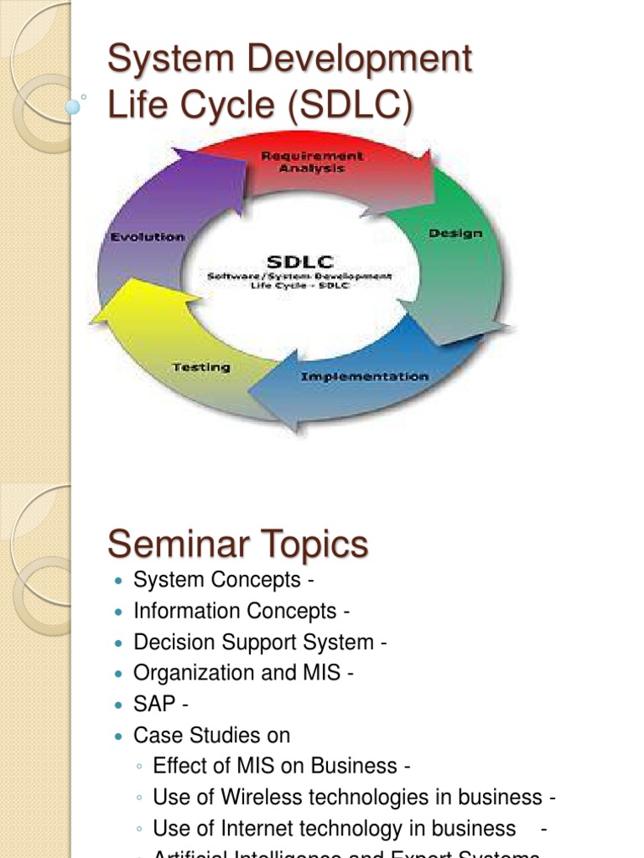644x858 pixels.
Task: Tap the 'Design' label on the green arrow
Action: click(x=455, y=233)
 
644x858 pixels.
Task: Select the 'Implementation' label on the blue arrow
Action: click(x=364, y=377)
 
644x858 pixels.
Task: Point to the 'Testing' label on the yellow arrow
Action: click(x=201, y=367)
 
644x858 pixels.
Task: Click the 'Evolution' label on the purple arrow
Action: click(x=147, y=237)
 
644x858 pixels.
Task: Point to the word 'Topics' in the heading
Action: click(x=316, y=545)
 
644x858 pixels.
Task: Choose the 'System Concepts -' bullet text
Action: click(x=223, y=580)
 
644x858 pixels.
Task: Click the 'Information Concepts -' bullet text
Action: click(x=241, y=611)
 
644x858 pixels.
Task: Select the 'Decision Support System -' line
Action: click(x=260, y=643)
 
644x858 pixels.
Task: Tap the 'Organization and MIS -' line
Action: click(x=243, y=674)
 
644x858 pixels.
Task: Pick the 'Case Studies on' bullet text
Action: click(x=211, y=736)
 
